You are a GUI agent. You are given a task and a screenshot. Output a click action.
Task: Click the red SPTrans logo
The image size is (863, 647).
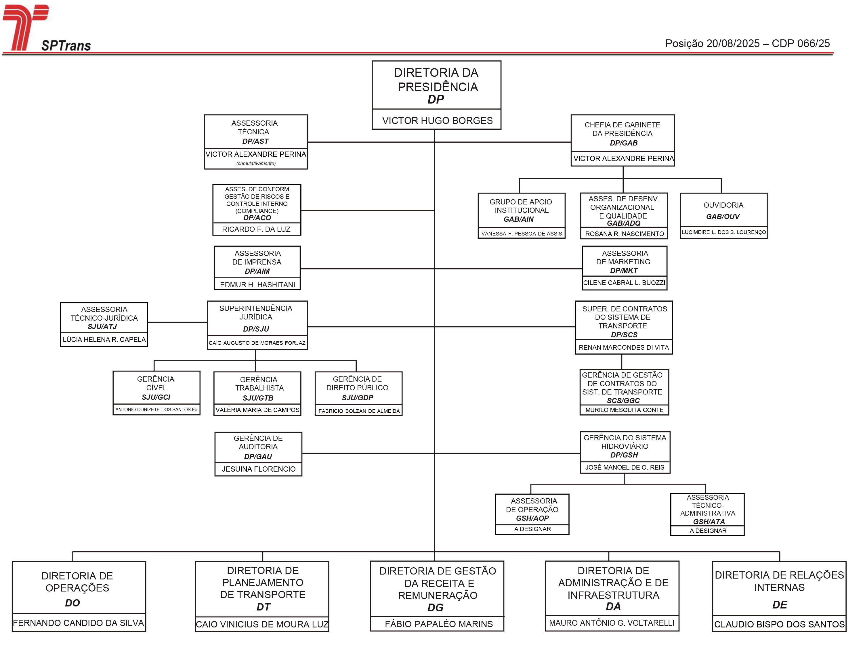pyautogui.click(x=26, y=28)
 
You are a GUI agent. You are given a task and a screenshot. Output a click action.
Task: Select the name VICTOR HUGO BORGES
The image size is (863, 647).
pyautogui.click(x=437, y=120)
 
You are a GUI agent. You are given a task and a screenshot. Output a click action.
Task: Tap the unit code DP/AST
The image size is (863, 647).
pyautogui.click(x=255, y=141)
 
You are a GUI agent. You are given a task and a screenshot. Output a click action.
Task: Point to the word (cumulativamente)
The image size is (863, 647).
pyautogui.click(x=256, y=163)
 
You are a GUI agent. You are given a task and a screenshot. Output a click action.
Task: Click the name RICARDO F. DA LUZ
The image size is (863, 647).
pyautogui.click(x=256, y=229)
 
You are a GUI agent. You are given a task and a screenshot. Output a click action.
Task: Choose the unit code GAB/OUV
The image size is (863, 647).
pyautogui.click(x=723, y=217)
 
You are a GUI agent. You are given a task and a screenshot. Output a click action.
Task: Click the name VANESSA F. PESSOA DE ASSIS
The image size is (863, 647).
pyautogui.click(x=522, y=233)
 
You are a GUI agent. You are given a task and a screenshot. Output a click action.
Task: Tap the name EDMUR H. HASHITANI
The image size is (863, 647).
pyautogui.click(x=257, y=285)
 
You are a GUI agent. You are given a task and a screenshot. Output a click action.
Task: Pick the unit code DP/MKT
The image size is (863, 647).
pyautogui.click(x=624, y=271)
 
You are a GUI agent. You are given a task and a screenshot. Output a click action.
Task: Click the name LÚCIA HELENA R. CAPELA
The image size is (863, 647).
pyautogui.click(x=104, y=339)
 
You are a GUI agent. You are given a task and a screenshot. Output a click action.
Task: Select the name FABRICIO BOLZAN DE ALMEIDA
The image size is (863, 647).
pyautogui.click(x=359, y=411)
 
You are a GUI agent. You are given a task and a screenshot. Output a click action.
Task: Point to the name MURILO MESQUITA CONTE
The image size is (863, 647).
pyautogui.click(x=624, y=410)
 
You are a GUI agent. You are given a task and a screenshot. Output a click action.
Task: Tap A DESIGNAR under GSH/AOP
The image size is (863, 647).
pyautogui.click(x=532, y=529)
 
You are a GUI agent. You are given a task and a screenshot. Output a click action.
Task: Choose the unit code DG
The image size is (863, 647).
pyautogui.click(x=436, y=608)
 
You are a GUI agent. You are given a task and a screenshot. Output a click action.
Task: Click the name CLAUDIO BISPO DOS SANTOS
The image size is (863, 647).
pyautogui.click(x=780, y=624)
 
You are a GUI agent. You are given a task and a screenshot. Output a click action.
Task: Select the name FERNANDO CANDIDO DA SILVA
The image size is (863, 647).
pyautogui.click(x=79, y=623)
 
